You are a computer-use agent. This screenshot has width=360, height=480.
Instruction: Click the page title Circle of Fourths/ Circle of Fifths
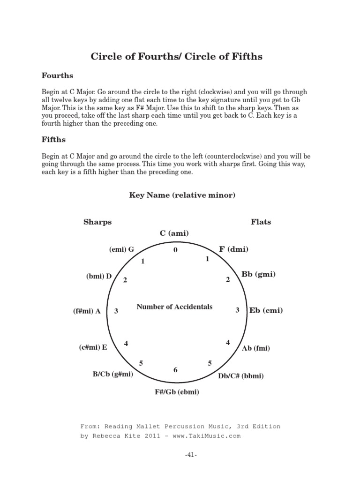tap(176, 57)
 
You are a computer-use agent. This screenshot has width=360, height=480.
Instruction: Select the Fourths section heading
tap(57, 75)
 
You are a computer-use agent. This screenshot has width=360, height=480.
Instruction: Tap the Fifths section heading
tap(54, 140)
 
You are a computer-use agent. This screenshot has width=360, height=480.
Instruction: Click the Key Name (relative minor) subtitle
tap(182, 195)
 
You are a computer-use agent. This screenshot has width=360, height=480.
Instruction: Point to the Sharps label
tap(97, 222)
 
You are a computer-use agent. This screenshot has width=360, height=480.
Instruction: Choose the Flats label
tap(261, 222)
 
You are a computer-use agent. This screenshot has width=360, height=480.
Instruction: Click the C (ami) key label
tap(174, 233)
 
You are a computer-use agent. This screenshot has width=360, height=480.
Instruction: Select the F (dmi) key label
tap(233, 249)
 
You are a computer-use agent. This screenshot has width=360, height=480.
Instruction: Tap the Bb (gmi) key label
tap(258, 274)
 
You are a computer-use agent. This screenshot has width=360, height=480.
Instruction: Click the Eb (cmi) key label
tap(266, 310)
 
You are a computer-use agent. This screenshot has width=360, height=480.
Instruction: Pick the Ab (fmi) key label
tap(255, 348)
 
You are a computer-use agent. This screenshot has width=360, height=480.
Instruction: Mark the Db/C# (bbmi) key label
tap(241, 376)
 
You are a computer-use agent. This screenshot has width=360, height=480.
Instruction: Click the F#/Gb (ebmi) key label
tap(177, 392)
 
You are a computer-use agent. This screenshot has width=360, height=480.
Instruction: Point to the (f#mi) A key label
tap(87, 311)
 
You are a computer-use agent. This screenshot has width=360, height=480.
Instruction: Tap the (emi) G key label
tap(121, 249)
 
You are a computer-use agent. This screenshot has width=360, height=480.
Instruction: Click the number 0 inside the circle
tap(175, 250)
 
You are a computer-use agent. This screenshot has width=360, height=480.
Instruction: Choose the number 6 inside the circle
tap(175, 370)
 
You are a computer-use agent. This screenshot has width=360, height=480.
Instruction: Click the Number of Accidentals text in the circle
tap(174, 307)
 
